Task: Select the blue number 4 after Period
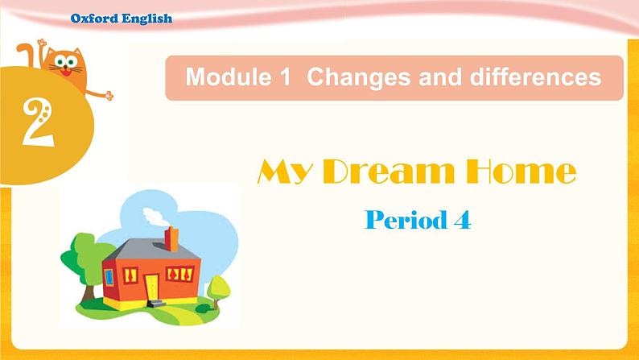tap(461, 220)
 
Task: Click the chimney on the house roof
tap(171, 238)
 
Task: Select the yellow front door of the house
tap(152, 285)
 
